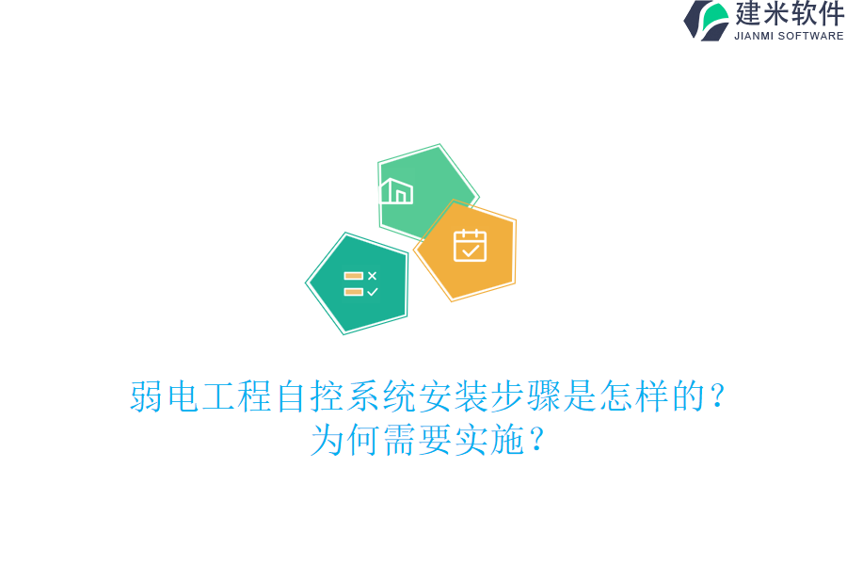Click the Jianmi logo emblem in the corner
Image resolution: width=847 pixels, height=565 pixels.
coord(706,20)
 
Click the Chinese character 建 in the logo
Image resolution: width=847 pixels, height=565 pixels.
coord(749,14)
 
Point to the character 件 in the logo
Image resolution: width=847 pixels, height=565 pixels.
coord(831,14)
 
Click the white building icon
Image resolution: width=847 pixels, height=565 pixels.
coord(396,191)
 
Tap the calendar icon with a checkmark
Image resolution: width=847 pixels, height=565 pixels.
coord(470,245)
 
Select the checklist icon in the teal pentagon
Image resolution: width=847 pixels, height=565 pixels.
coord(360,283)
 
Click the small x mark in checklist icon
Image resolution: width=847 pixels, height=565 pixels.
coord(372,276)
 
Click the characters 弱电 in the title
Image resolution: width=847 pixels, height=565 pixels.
coord(165,396)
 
